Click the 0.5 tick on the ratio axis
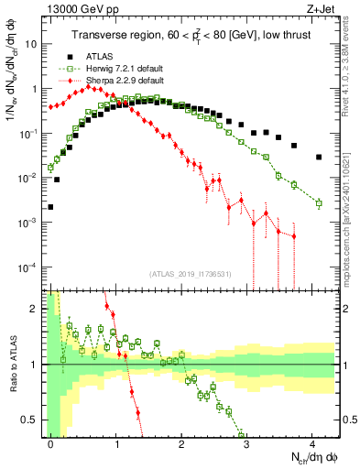tap(34, 420)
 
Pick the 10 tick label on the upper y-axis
tap(35, 43)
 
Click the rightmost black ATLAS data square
tap(319, 157)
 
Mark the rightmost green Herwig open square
tap(319, 203)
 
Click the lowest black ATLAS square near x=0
tap(50, 207)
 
